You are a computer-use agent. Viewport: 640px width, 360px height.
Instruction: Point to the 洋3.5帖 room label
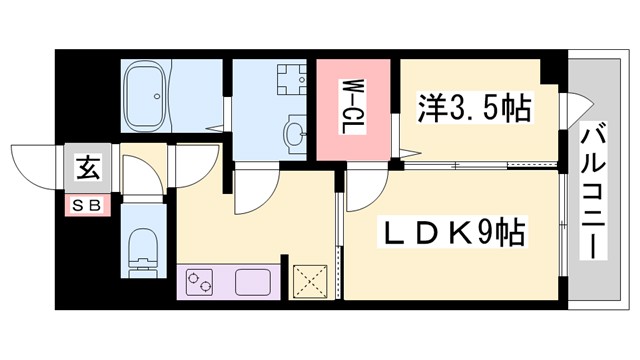coord(473,106)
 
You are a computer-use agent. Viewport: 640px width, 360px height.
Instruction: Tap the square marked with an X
coord(309,279)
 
